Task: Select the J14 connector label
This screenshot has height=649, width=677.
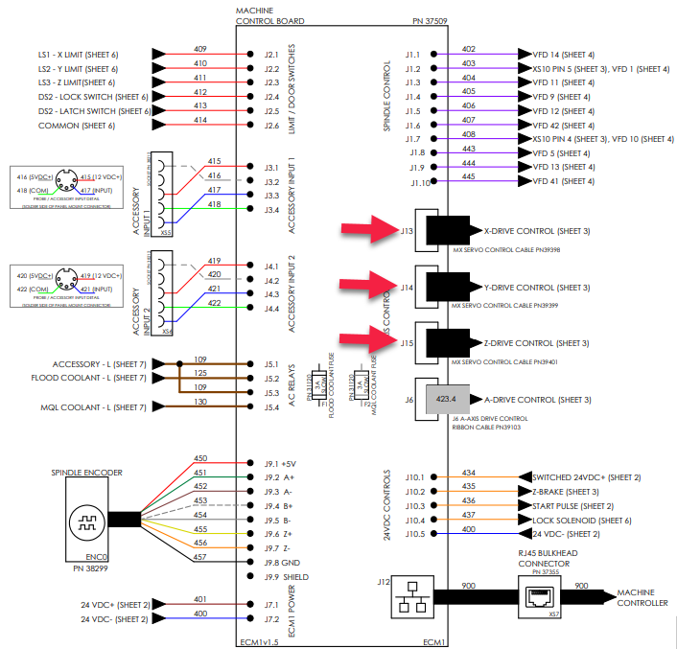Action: coord(408,287)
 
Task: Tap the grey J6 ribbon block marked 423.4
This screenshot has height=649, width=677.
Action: coord(447,398)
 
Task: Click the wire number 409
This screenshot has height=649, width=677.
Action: coord(200,49)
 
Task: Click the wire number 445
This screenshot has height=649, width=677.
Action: coord(468,175)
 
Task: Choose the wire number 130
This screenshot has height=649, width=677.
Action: coord(200,402)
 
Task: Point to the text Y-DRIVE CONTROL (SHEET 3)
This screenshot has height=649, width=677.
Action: coord(538,288)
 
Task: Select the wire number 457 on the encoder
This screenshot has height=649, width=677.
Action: coord(200,557)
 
